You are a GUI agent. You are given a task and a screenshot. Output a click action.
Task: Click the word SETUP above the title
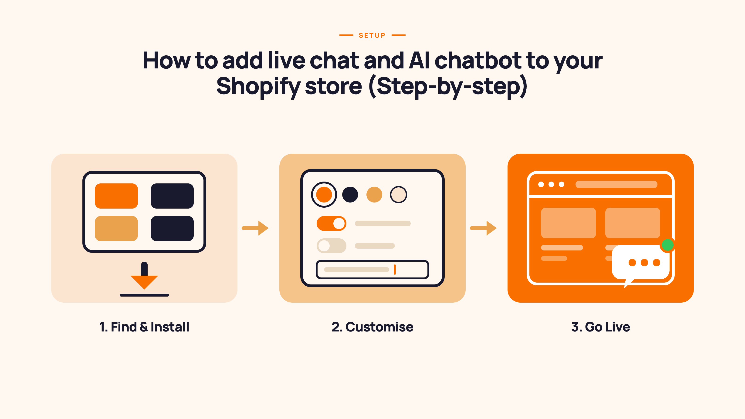coord(372,35)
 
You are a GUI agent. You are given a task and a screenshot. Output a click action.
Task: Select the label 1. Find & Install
coord(144,327)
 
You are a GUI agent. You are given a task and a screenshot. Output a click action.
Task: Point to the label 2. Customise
coord(372,327)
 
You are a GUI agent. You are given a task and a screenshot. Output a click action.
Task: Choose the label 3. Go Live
coord(601,327)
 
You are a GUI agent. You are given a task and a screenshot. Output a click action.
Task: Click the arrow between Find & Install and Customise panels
coord(255,228)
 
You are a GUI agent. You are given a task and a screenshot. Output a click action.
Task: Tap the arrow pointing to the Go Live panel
coord(483,228)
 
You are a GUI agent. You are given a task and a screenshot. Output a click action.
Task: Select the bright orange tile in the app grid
coord(116,196)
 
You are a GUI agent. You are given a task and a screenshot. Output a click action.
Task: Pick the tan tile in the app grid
coord(116,228)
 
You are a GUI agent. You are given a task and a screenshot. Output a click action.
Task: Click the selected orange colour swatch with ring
coord(324,195)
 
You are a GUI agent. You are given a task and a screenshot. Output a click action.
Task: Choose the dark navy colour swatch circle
coord(350,195)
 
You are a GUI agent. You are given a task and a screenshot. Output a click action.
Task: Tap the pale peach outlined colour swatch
coord(399,195)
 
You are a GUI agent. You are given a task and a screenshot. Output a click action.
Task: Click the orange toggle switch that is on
coord(332,223)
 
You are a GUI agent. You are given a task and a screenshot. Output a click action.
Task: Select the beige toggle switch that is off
coord(332,246)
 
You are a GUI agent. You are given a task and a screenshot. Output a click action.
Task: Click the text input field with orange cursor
coord(372,270)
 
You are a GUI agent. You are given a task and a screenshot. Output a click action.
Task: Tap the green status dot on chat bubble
coord(667,245)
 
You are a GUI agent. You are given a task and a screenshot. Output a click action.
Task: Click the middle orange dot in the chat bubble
coord(644,263)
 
